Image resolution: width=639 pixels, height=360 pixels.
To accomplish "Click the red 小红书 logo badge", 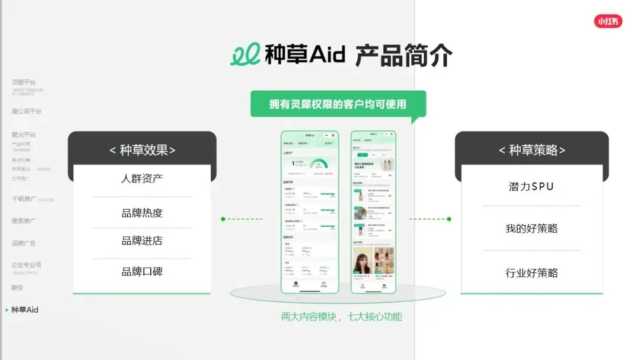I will point(608,21).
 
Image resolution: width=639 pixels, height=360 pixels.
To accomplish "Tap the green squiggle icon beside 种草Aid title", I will point(245,55).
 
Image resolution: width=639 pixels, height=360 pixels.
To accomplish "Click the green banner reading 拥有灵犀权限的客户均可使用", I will point(338,104).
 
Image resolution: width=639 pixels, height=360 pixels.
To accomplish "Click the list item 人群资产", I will point(142,178).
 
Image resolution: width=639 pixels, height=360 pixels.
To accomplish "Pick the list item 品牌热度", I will point(142,213).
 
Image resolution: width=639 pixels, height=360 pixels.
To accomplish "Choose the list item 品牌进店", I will point(142,241).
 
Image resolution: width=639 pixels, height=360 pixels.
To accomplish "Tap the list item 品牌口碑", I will point(142,272).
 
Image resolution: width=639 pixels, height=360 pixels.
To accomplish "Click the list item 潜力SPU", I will point(531,187).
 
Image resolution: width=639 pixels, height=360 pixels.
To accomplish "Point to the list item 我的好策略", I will point(531,229).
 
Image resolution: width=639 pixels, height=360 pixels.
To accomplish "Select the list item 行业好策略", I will point(531,273).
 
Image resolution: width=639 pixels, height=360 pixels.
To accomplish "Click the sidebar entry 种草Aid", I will point(25,310).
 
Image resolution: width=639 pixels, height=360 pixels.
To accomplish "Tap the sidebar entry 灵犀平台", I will point(24,82).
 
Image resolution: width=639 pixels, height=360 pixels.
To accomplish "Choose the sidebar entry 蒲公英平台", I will point(27,111).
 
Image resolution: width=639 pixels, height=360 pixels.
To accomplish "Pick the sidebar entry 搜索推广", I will point(24,221).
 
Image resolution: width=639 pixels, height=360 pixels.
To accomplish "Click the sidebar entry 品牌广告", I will point(24,243).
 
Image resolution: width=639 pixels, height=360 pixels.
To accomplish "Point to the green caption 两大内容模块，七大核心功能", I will point(341,317).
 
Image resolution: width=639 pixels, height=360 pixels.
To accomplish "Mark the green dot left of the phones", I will point(223,219).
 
